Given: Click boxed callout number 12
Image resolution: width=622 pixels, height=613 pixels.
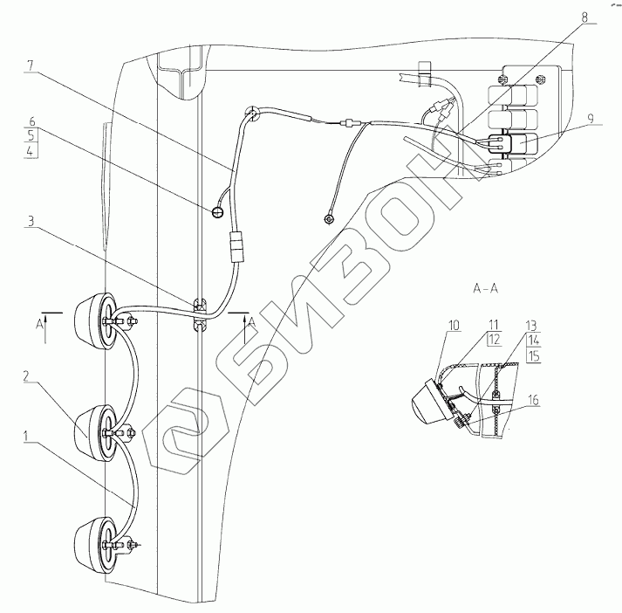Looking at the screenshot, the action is pos(493,339).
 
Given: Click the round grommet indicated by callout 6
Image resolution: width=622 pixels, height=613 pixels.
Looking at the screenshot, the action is pos(217,210).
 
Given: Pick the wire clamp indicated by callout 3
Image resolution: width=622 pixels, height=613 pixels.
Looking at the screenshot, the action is pos(200,314).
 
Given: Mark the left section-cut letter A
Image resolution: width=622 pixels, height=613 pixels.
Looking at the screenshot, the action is pos(40,324).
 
